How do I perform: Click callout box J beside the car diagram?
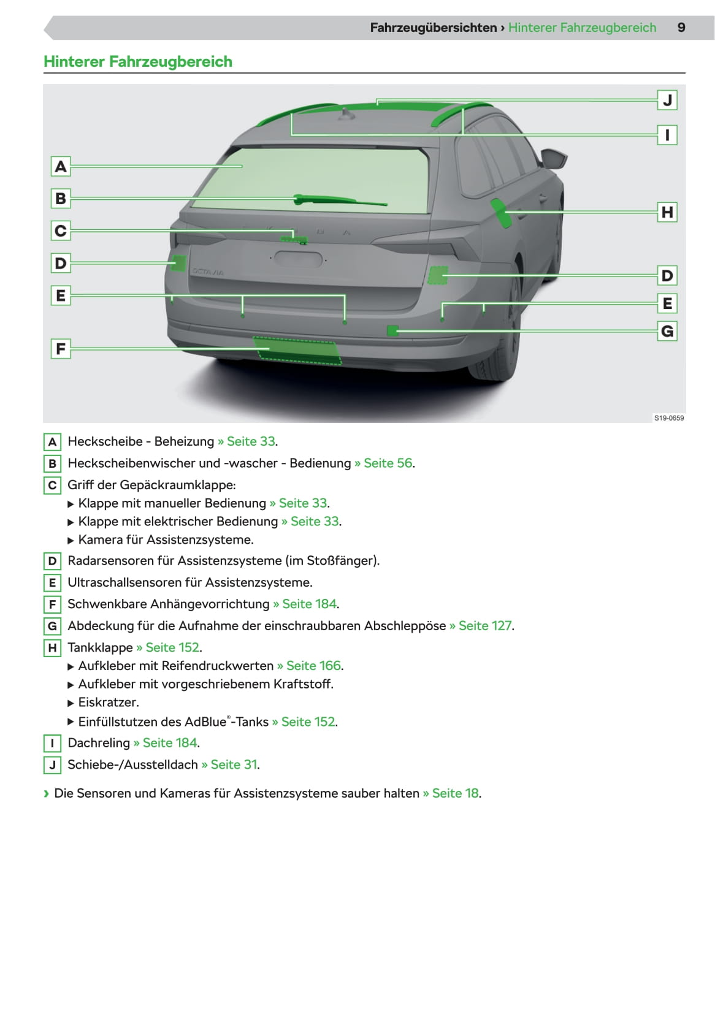click(x=667, y=100)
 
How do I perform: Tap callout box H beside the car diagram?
click(x=667, y=212)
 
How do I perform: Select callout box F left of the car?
click(x=60, y=349)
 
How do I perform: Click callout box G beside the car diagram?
click(x=667, y=332)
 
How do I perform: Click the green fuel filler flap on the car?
click(x=501, y=213)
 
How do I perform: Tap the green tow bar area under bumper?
click(x=297, y=351)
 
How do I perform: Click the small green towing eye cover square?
click(x=392, y=331)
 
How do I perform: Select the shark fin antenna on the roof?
click(x=348, y=115)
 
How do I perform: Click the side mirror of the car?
click(x=556, y=158)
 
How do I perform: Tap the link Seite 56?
click(x=388, y=463)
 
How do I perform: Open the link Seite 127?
click(x=484, y=625)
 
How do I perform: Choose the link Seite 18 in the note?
click(x=455, y=793)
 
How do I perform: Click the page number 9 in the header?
click(x=681, y=28)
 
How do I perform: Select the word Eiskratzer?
click(x=108, y=702)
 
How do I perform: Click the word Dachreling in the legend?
click(x=99, y=742)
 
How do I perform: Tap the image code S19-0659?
click(x=668, y=418)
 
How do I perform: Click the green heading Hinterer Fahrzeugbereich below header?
click(x=138, y=61)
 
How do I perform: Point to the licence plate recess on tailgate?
click(x=298, y=259)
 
